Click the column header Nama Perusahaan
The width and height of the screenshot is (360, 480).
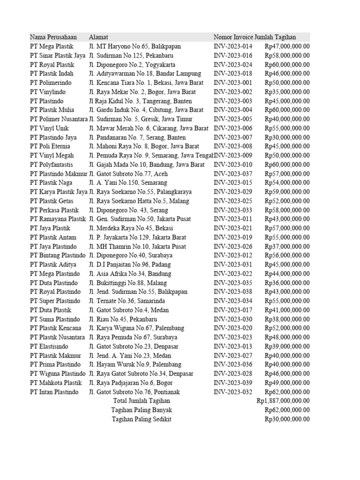point(53,37)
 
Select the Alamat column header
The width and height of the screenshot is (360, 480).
point(98,37)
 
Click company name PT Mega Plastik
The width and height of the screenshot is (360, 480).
point(52,46)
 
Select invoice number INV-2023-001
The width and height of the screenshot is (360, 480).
point(233,82)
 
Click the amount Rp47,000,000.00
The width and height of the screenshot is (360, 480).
point(287,46)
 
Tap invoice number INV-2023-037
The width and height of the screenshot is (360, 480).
point(233,173)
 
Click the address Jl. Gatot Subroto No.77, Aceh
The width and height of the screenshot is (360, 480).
point(135,173)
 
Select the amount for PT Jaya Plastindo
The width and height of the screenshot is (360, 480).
point(287,247)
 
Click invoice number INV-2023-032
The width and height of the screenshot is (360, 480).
point(233,392)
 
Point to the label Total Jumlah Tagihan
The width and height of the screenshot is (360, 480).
point(142,401)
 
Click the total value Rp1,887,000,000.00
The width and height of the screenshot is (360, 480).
point(283,401)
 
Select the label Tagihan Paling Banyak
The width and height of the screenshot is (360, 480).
point(142,410)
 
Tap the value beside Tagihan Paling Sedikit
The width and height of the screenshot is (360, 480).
point(287,419)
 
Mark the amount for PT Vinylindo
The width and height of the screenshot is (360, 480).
point(287,92)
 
